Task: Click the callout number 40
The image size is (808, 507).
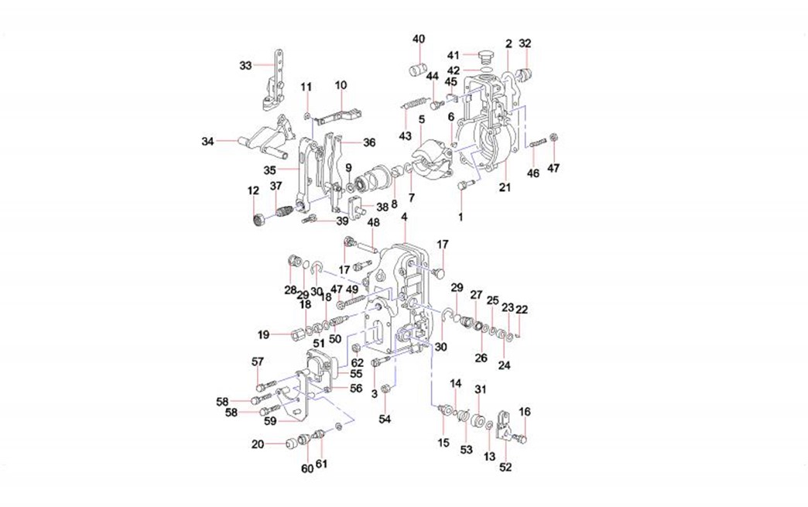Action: tap(419, 39)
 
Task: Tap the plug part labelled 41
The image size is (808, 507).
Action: tap(488, 56)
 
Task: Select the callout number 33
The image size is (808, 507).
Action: tap(245, 66)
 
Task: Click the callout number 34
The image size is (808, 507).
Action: tap(207, 141)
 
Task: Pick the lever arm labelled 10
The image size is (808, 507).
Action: tap(340, 115)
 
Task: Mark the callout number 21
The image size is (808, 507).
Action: tap(505, 188)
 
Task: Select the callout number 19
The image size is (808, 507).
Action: tap(263, 334)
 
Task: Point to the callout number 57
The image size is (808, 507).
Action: tap(258, 361)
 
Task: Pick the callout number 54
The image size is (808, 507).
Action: tap(385, 419)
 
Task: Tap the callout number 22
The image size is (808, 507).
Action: tap(522, 309)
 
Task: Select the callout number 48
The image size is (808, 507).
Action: tap(373, 223)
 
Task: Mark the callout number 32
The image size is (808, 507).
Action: tap(525, 43)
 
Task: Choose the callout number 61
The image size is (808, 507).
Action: tap(321, 464)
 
